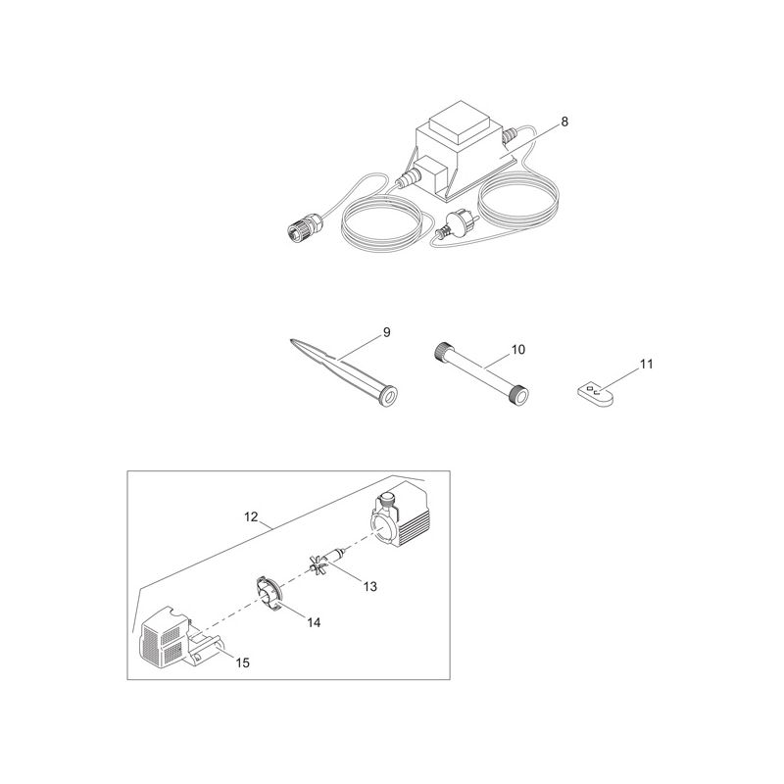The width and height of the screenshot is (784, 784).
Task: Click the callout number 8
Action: point(564,122)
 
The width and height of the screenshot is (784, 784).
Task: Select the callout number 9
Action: point(386,332)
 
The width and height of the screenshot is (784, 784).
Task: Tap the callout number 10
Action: point(518,350)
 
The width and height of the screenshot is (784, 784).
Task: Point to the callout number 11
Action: point(647,364)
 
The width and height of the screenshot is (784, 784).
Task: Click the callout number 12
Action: point(251,516)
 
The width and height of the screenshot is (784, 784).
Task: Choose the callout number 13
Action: point(370,586)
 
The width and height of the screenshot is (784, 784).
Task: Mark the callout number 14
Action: point(314,622)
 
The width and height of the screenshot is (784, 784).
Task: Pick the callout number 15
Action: point(242,663)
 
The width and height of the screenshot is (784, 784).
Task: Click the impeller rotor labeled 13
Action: point(326,560)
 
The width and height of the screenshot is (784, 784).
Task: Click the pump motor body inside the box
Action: point(400,517)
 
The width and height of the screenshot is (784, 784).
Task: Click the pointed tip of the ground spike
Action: point(291,340)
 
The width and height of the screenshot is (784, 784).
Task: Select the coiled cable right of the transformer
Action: point(517,195)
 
